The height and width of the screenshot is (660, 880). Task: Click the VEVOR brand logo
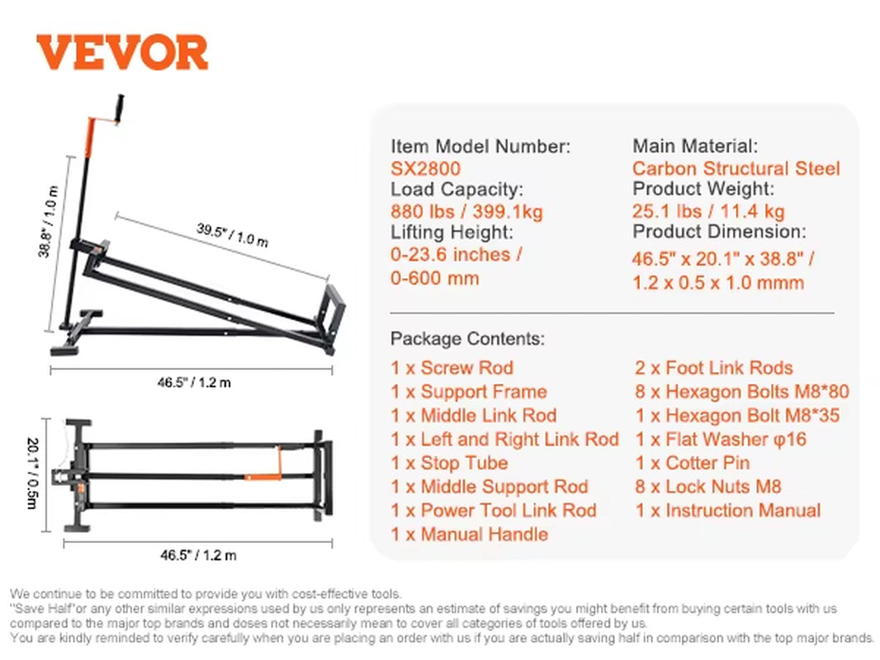(x=122, y=53)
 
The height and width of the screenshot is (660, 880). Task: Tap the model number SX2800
(x=425, y=168)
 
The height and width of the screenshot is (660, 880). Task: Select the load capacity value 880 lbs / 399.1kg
(x=466, y=211)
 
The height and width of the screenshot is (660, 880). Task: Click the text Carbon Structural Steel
(x=736, y=168)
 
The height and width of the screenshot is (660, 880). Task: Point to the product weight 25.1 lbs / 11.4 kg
(x=708, y=211)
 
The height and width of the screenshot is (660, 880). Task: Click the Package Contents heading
(x=467, y=338)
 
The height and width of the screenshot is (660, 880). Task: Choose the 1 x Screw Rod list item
(x=452, y=368)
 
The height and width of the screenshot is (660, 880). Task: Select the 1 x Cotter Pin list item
(x=692, y=463)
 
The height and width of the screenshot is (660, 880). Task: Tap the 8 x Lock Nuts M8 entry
(x=707, y=487)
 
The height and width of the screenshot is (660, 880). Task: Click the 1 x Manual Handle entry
(x=470, y=534)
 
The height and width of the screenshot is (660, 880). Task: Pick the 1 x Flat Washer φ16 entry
(x=721, y=439)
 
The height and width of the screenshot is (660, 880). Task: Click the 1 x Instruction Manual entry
(x=727, y=511)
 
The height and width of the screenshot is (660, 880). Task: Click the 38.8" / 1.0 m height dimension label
(x=49, y=221)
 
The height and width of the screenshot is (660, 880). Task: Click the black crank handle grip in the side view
(x=119, y=108)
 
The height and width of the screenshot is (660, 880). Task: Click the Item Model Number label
(x=480, y=147)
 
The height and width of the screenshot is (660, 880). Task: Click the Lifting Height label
(x=452, y=233)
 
